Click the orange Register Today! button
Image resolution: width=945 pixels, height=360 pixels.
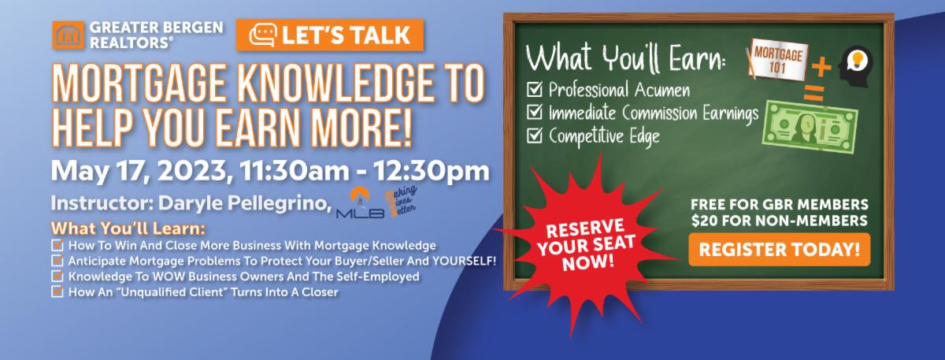(x=779, y=250)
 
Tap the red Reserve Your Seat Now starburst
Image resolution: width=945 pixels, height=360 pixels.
(x=587, y=246)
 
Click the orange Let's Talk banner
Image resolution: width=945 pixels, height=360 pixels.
(x=330, y=35)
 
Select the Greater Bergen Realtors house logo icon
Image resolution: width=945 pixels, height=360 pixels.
(x=69, y=35)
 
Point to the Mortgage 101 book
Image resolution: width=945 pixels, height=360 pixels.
(x=777, y=60)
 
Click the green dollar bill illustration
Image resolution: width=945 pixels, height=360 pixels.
(x=810, y=127)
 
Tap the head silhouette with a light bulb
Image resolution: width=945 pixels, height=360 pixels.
(x=855, y=66)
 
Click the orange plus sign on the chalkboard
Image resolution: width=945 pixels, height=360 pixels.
(x=821, y=67)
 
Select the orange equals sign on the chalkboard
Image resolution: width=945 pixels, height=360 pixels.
(x=813, y=93)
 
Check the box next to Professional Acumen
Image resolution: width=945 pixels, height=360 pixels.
(x=535, y=90)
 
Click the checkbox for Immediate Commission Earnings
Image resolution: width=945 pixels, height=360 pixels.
(x=535, y=112)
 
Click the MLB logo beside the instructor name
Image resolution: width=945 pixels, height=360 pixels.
(x=360, y=203)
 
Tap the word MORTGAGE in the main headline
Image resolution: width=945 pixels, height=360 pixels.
(x=139, y=84)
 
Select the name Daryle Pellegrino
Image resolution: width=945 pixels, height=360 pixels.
(x=244, y=203)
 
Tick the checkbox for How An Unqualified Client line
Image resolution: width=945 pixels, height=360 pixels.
(x=57, y=291)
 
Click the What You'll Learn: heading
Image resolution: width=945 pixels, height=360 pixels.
(x=128, y=228)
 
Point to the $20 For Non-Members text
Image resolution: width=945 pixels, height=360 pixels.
(x=779, y=221)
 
